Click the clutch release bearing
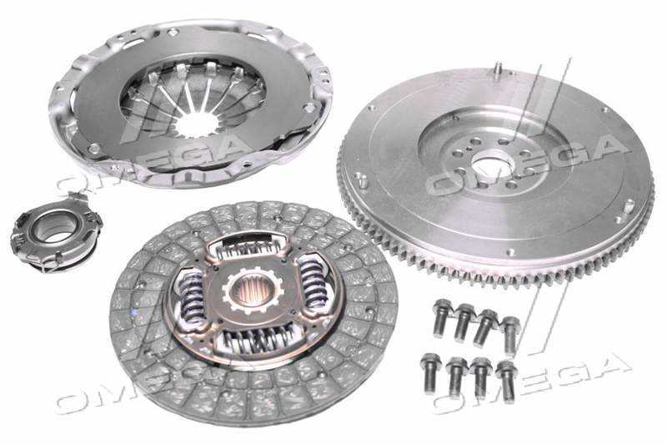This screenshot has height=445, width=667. pyautogui.click(x=56, y=232)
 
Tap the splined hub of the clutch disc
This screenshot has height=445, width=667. pyautogui.click(x=252, y=291)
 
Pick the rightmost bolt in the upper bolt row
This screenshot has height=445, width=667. pyautogui.click(x=510, y=335)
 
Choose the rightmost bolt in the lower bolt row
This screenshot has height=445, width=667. pyautogui.click(x=507, y=381)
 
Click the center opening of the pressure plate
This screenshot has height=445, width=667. pyautogui.click(x=196, y=122)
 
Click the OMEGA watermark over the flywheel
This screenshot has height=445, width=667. pyautogui.click(x=528, y=162)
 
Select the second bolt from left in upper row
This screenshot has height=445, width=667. pyautogui.click(x=464, y=322)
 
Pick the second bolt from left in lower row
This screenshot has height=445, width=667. pyautogui.click(x=455, y=377)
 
